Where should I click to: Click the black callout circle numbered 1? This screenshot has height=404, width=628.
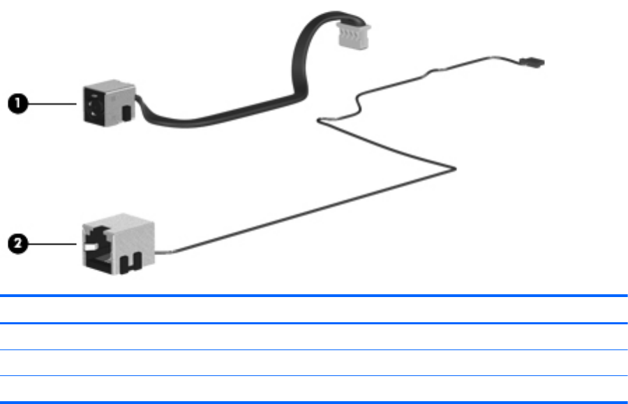pyautogui.click(x=17, y=103)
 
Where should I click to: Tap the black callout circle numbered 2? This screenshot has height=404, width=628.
pyautogui.click(x=17, y=244)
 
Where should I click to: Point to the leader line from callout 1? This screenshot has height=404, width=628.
pyautogui.click(x=52, y=103)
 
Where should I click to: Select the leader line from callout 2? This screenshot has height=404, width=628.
pyautogui.click(x=52, y=244)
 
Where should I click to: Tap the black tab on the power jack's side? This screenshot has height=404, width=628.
pyautogui.click(x=125, y=113)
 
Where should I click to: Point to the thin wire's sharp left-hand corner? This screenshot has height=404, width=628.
pyautogui.click(x=320, y=120)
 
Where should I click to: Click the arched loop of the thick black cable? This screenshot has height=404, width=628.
pyautogui.click(x=311, y=28)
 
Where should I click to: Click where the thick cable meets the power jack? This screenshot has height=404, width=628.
pyautogui.click(x=137, y=101)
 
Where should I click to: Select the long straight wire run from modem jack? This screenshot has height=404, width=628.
pyautogui.click(x=307, y=210)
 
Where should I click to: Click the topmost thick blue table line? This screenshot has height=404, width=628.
pyautogui.click(x=314, y=296)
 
